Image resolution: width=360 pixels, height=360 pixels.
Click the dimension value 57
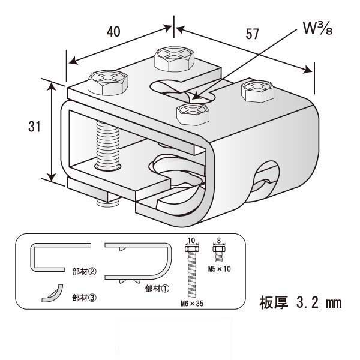pos(252,34)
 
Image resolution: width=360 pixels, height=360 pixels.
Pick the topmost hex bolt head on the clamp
pos(174,59)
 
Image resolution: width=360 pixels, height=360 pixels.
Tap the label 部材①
pos(157,288)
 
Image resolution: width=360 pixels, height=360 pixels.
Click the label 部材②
pos(84,271)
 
